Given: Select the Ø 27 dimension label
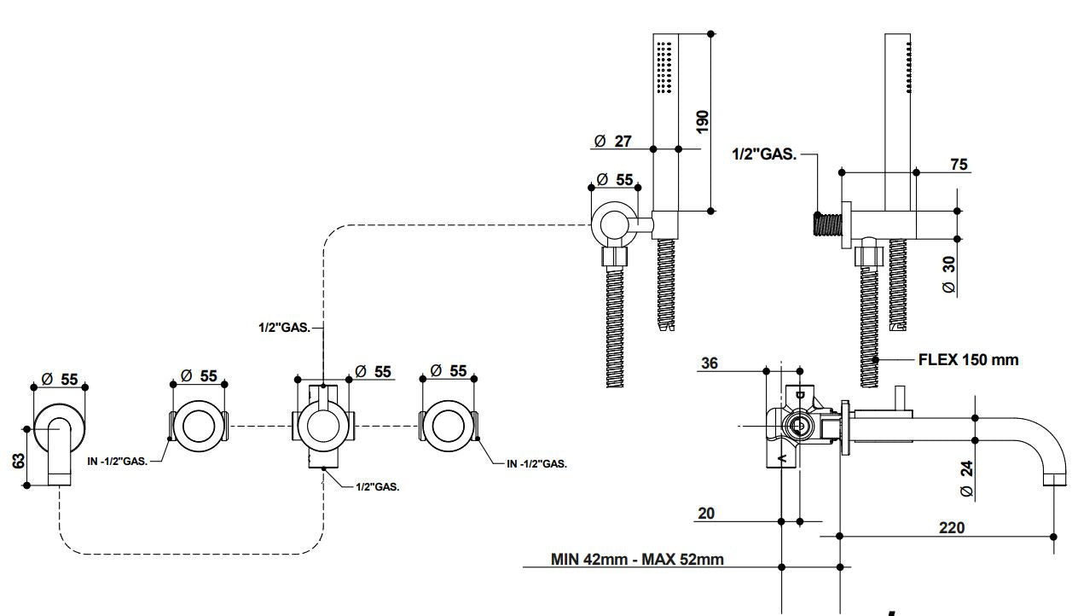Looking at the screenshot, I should [x=613, y=141].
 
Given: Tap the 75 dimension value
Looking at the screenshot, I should [x=959, y=165].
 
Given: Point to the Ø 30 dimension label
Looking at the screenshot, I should [x=949, y=276].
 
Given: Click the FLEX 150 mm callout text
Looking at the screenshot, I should [x=968, y=359].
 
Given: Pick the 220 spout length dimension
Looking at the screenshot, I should [x=951, y=527].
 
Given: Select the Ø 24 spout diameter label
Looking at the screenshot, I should [x=966, y=479].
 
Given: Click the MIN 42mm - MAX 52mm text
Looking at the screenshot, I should [x=637, y=560].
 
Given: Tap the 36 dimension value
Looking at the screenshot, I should [x=709, y=363].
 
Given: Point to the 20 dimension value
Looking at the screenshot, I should [x=706, y=513].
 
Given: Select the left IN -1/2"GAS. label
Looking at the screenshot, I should [x=118, y=461].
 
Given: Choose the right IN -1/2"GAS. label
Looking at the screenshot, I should [x=536, y=464].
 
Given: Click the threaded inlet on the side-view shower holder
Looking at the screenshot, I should [x=826, y=224].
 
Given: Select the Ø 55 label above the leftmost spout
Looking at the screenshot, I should [x=59, y=377].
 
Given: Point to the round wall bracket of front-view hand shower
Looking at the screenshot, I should [x=613, y=224].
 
